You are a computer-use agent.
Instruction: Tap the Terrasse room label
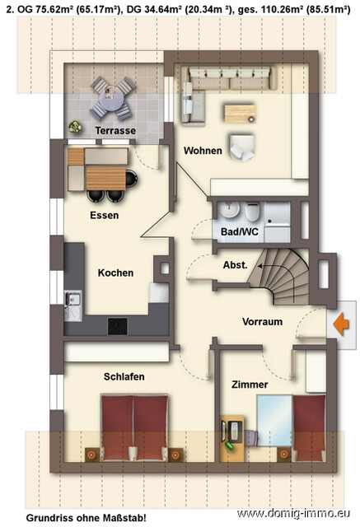(115, 131)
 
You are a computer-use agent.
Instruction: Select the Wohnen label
(203, 151)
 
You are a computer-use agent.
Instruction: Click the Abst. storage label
(236, 265)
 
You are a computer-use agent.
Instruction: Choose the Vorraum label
(262, 322)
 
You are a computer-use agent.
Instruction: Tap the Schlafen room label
(124, 376)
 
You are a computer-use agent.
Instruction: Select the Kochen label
(115, 273)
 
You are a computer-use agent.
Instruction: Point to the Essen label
(105, 216)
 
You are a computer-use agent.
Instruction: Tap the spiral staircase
(283, 274)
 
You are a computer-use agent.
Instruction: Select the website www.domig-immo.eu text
(295, 515)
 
